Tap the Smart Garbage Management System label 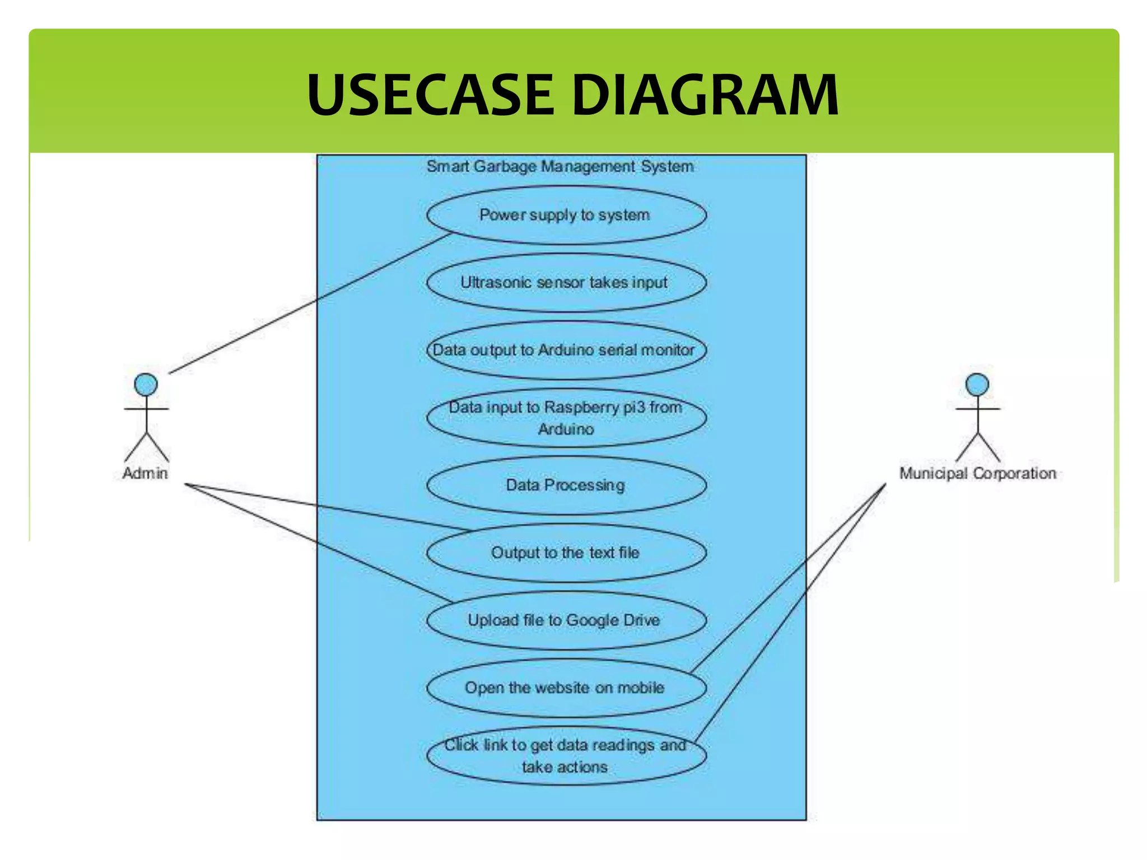(560, 166)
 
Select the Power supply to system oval (566, 215)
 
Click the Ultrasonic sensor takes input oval (566, 282)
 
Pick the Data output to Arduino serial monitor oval (566, 350)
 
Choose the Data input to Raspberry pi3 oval (566, 418)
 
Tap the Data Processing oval (566, 485)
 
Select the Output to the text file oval (566, 553)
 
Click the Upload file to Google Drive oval (566, 620)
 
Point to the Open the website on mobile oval (566, 688)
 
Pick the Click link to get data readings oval (566, 755)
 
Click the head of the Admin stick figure (146, 385)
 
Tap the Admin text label (145, 473)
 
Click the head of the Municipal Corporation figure (977, 385)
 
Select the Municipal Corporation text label (977, 473)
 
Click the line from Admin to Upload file (319, 544)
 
